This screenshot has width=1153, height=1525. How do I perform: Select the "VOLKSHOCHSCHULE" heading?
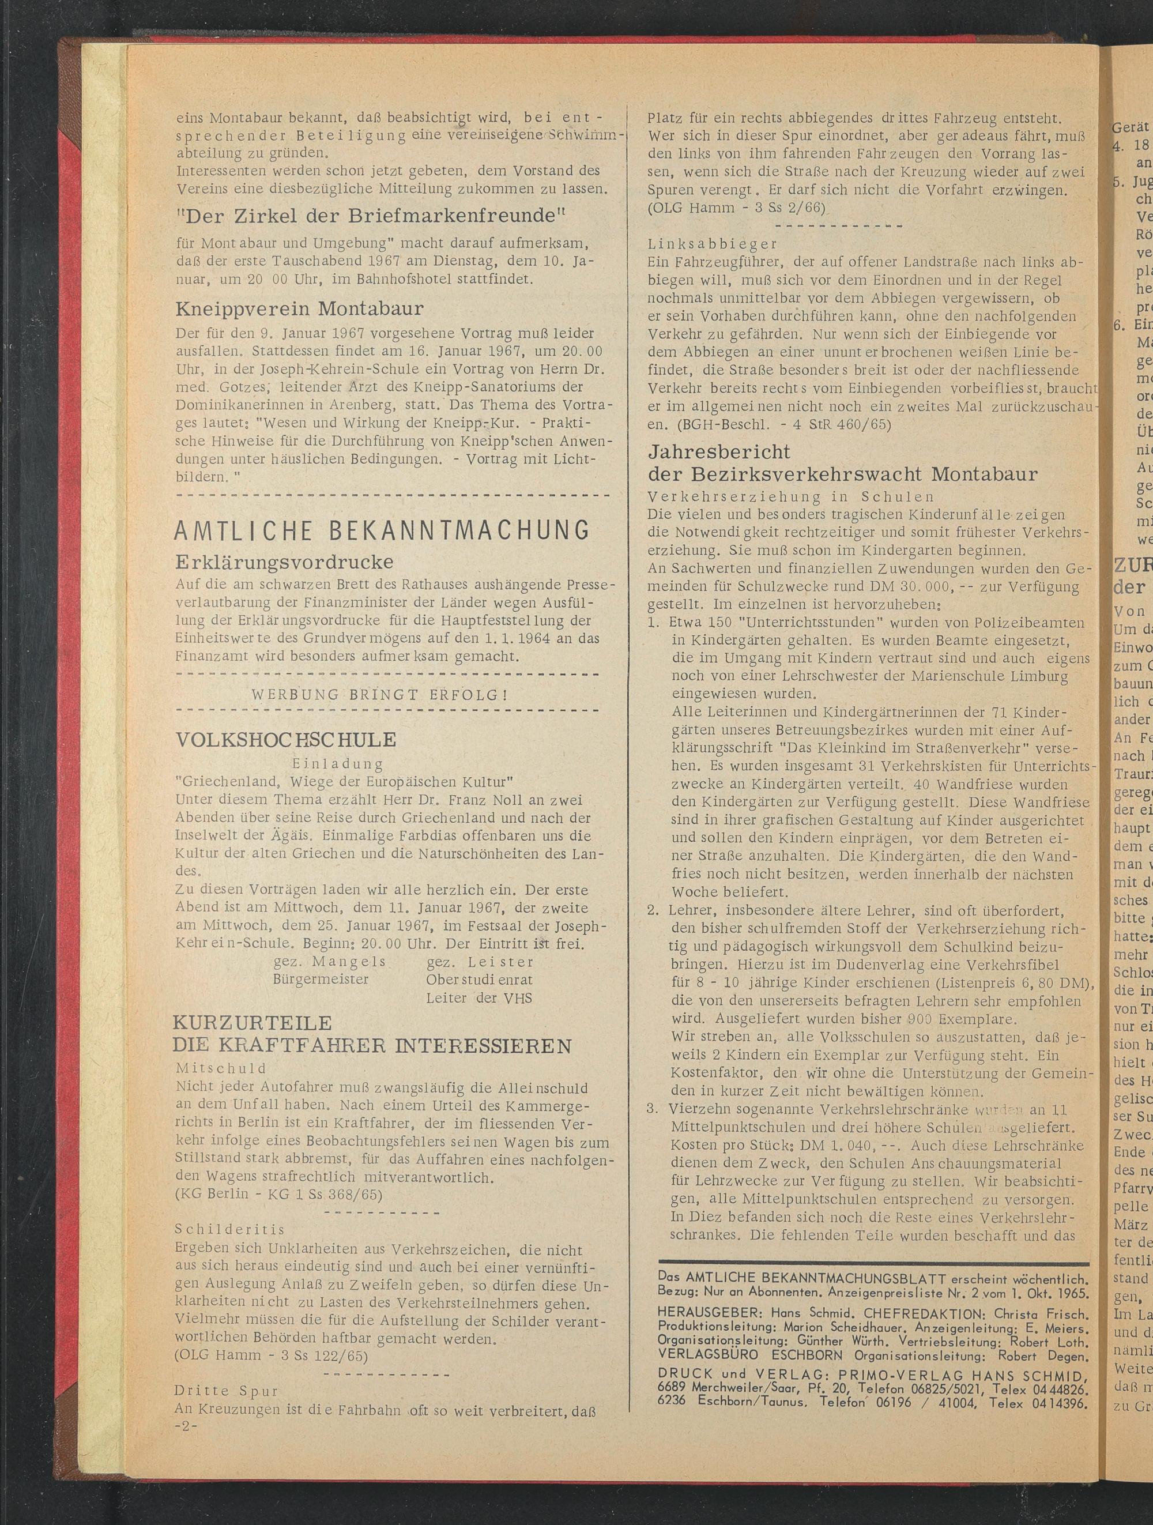(286, 740)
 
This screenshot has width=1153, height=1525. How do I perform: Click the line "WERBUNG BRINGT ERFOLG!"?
(380, 694)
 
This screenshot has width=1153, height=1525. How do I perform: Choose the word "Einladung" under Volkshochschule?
(338, 764)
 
